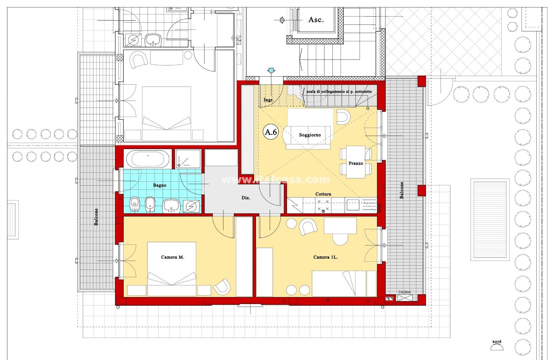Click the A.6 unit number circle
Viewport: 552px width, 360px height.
coord(271,132)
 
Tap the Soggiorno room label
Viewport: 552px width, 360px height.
coord(310,135)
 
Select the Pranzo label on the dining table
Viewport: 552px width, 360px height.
coord(356,163)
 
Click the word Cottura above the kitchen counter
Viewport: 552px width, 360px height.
coord(323,194)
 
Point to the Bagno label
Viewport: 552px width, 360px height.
coord(159,185)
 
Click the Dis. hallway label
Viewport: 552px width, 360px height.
coord(245,198)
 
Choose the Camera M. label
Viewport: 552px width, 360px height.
coord(173,257)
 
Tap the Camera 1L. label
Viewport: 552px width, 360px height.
coord(325,257)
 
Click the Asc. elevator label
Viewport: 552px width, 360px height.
coord(316,20)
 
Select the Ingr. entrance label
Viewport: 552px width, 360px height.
coord(269,100)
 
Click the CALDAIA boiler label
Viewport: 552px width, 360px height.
coord(404,292)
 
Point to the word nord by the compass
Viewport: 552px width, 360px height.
coord(497,342)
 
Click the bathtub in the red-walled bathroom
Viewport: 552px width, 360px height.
coord(148,159)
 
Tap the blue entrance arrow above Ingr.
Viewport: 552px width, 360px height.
coord(271,71)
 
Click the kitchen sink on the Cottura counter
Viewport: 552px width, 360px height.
coord(353,205)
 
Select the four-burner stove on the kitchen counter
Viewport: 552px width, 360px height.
coord(323,205)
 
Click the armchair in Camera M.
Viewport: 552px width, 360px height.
coord(222,287)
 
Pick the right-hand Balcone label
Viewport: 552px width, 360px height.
coord(402,190)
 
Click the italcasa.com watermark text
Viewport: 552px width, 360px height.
coord(276,180)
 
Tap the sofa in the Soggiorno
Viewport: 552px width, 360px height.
coord(308,137)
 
